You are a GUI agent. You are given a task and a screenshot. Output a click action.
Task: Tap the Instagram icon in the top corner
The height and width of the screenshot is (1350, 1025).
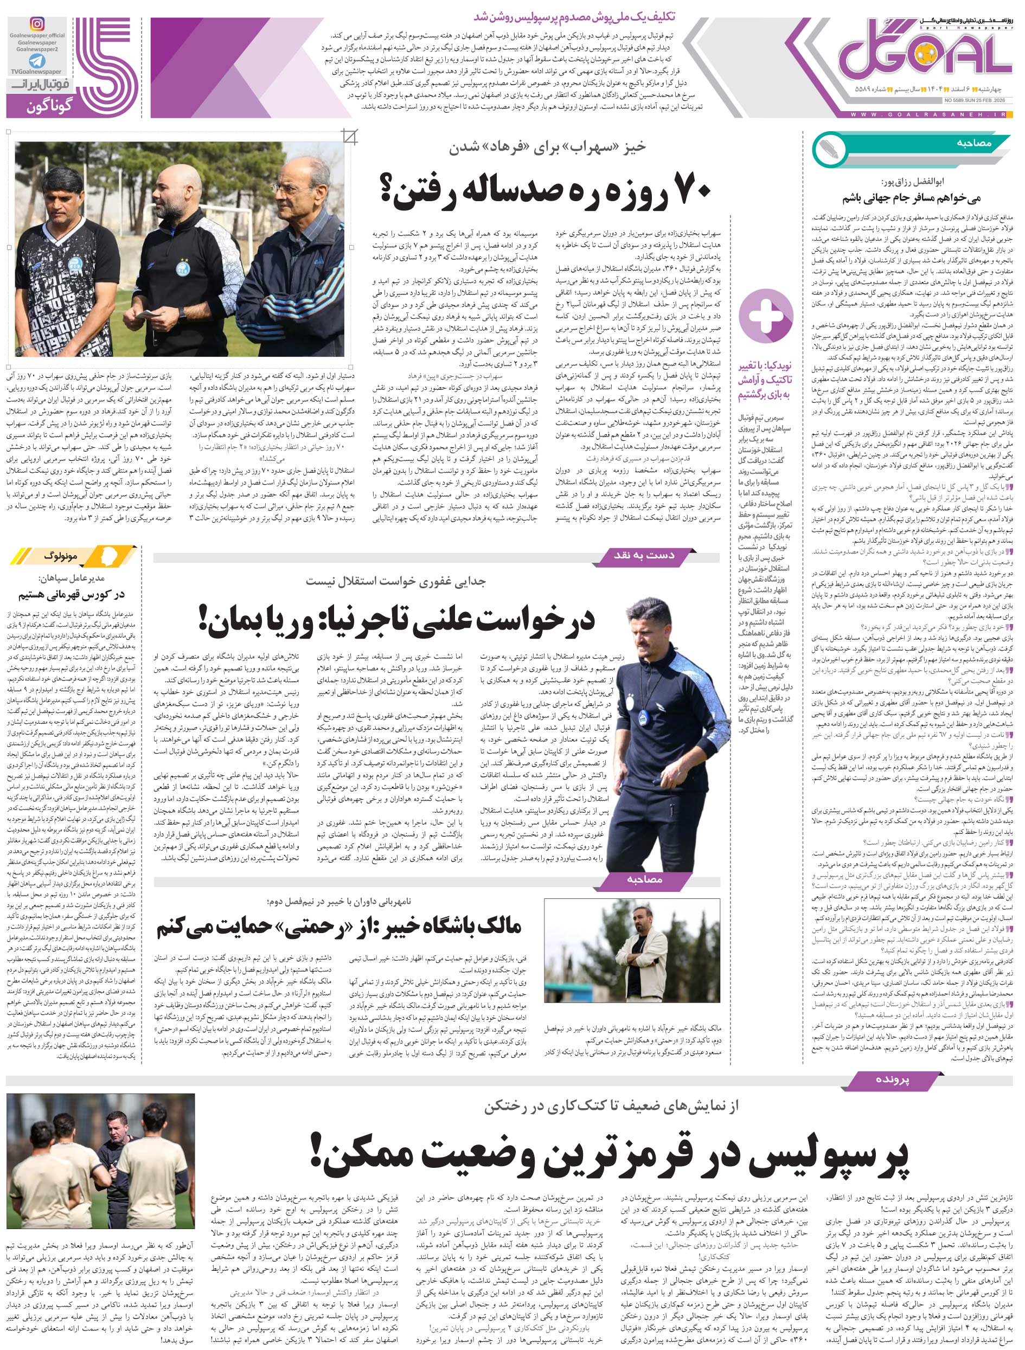pyautogui.click(x=38, y=24)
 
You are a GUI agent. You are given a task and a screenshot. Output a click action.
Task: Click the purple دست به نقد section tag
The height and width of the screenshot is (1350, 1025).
pyautogui.click(x=647, y=555)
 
